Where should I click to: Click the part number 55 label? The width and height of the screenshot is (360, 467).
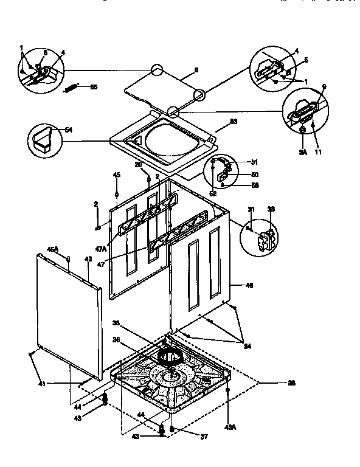pos(93,87)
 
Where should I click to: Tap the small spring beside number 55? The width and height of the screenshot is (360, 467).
pos(72,89)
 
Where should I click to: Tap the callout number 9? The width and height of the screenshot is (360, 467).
pos(324,87)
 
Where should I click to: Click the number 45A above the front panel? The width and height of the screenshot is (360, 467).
pos(52,248)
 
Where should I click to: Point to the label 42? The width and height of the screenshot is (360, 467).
pos(88,260)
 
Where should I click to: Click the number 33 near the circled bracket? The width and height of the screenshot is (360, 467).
pos(271,210)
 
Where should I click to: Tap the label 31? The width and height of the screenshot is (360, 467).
pos(251,210)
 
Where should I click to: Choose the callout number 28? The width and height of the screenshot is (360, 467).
pos(291,383)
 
